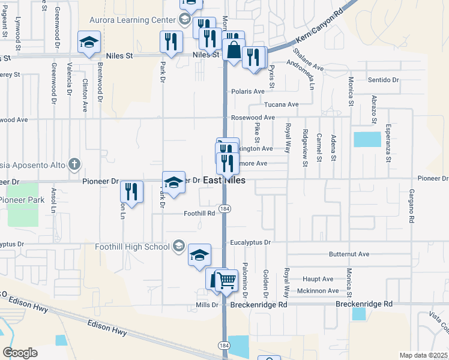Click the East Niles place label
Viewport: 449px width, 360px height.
coord(223,181)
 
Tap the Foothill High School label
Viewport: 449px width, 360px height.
coord(133,246)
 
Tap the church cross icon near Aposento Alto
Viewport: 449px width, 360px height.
coord(74,163)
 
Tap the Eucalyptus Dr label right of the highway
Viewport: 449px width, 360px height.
coord(251,242)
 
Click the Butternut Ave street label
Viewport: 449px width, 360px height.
coord(349,254)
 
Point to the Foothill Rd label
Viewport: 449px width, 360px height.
coord(199,212)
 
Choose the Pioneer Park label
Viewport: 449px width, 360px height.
coord(18,199)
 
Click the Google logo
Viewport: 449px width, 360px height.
coord(19,352)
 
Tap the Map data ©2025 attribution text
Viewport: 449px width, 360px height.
coord(423,355)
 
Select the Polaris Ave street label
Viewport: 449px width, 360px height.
coord(248,91)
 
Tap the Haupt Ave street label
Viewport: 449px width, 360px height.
coord(318,279)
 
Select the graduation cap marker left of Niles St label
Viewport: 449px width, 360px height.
coord(89,43)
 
